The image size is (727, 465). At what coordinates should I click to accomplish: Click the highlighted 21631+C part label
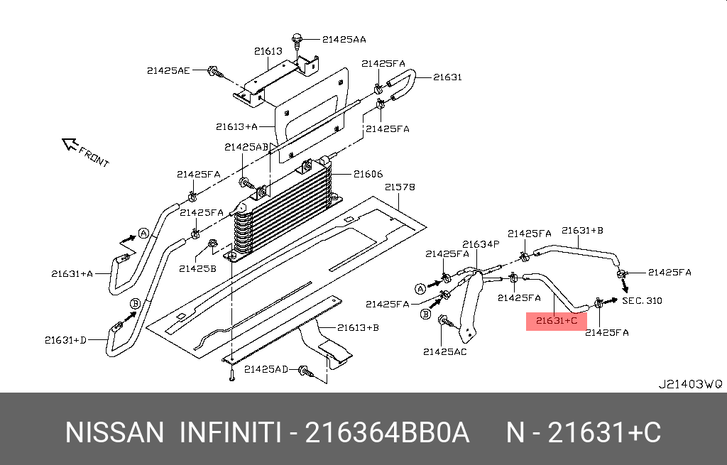pyautogui.click(x=557, y=321)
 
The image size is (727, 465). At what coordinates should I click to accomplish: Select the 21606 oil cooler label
pyautogui.click(x=368, y=174)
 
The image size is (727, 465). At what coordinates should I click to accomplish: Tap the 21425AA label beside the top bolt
pyautogui.click(x=344, y=40)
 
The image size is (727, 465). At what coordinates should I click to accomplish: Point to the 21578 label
pyautogui.click(x=400, y=187)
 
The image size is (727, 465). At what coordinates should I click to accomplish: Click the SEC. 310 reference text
pyautogui.click(x=642, y=300)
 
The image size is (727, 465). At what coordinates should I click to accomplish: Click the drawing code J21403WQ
pyautogui.click(x=690, y=384)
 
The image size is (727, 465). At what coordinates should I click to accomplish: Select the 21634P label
pyautogui.click(x=481, y=244)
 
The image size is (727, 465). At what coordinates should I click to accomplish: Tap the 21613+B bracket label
pyautogui.click(x=358, y=327)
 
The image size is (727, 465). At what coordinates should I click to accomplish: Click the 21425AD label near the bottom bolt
pyautogui.click(x=266, y=369)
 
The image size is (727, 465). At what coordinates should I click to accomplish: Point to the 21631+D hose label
pyautogui.click(x=65, y=340)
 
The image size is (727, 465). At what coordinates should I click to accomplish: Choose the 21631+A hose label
pyautogui.click(x=72, y=273)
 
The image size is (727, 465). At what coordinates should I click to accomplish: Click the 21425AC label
pyautogui.click(x=445, y=351)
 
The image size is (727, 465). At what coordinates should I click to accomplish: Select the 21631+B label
pyautogui.click(x=582, y=230)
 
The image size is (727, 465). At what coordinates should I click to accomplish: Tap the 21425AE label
pyautogui.click(x=169, y=70)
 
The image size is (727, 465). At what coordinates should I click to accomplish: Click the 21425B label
pyautogui.click(x=197, y=268)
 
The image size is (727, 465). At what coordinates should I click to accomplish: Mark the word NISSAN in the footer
pyautogui.click(x=114, y=432)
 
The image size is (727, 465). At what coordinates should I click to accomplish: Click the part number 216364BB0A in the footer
pyautogui.click(x=387, y=432)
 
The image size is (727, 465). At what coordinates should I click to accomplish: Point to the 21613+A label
pyautogui.click(x=236, y=127)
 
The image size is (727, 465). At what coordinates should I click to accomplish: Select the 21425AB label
pyautogui.click(x=246, y=147)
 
